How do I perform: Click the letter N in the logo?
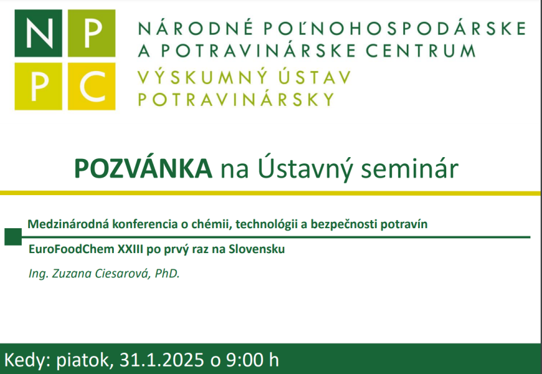[x=39, y=34]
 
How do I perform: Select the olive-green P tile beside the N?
[x=90, y=34]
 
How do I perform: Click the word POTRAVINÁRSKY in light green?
[x=236, y=99]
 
